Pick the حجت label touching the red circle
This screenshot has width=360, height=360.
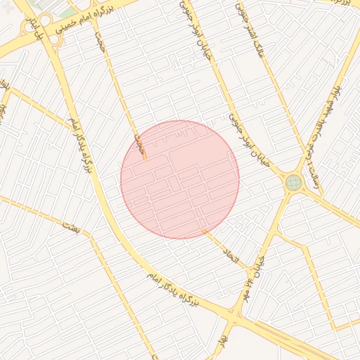(140, 146)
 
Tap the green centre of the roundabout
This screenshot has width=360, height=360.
(293, 183)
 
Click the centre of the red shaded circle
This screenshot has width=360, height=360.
(180, 179)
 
